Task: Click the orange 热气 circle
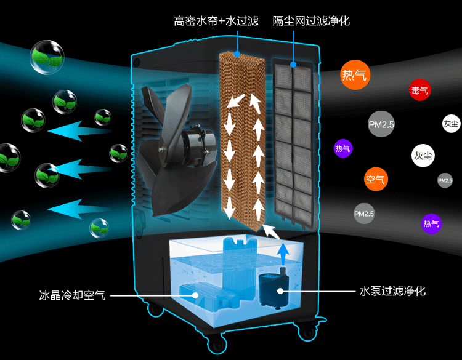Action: pos(354,76)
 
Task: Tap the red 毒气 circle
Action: pos(420,90)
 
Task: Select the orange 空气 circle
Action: pos(375,180)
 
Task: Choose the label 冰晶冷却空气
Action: pos(72,295)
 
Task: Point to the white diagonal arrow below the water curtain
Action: pos(270,231)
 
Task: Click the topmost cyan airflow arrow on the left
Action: pos(79,130)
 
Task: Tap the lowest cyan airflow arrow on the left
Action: pos(79,209)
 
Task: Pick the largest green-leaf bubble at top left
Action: pos(47,57)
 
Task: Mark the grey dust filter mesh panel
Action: pos(293,142)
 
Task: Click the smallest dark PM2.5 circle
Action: pos(445,181)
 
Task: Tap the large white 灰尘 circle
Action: pos(423,156)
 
